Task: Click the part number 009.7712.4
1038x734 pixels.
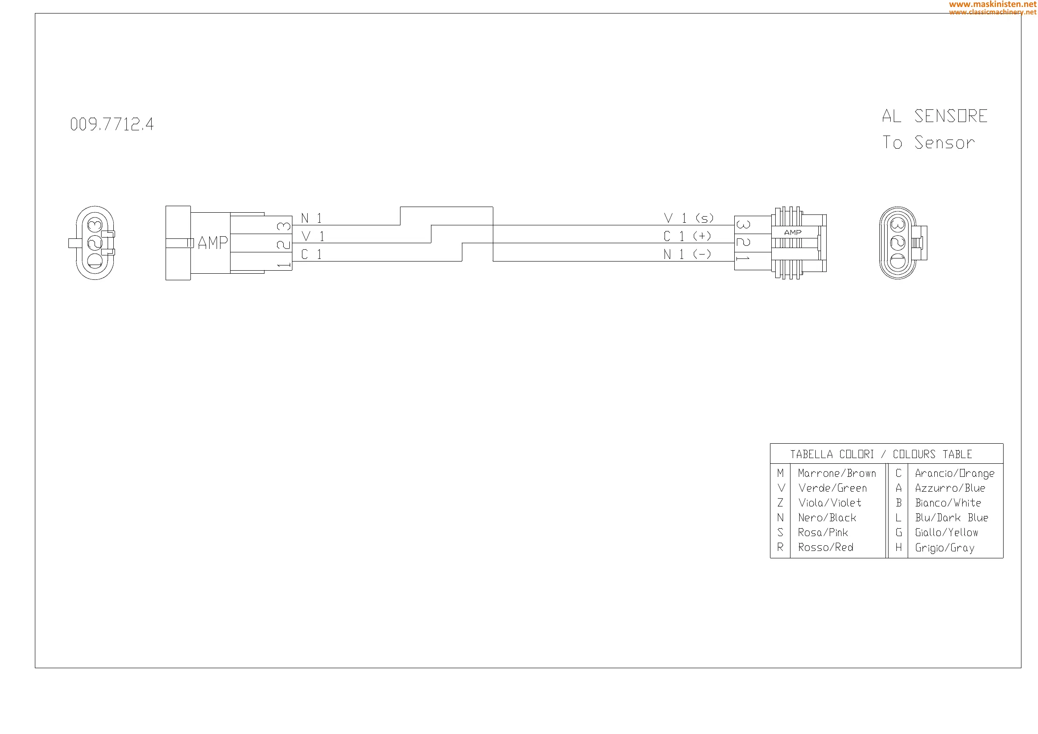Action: point(112,124)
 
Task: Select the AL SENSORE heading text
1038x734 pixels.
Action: point(934,116)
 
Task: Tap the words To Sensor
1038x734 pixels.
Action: point(929,143)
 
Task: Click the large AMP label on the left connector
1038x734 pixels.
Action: point(213,243)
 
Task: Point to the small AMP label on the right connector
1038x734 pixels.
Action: point(793,232)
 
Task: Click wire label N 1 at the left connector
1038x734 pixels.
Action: point(312,218)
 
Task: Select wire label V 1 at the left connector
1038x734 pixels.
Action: point(312,237)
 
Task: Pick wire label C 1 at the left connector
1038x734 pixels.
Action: point(312,255)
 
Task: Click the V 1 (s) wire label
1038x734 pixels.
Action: point(689,218)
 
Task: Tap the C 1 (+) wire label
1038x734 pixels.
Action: point(687,236)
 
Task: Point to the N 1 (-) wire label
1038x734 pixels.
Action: point(687,254)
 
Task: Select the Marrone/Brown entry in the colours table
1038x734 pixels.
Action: point(837,473)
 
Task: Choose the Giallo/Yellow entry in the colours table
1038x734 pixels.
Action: point(946,533)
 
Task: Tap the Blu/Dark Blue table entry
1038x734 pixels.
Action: point(951,518)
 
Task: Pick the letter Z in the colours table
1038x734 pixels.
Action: point(780,503)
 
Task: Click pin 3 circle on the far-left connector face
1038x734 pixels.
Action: point(95,225)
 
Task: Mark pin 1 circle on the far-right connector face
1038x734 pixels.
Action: point(897,261)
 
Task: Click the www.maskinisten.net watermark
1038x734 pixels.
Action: point(993,4)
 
